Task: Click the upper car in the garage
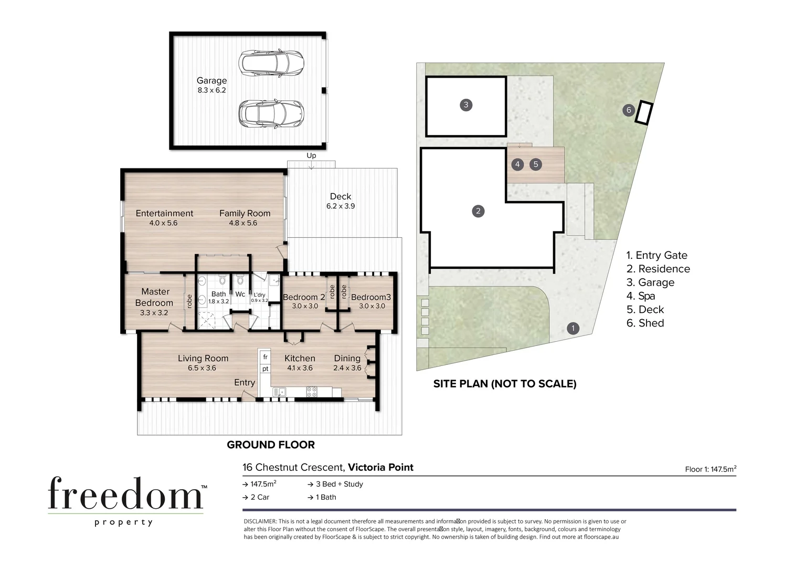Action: click(x=271, y=63)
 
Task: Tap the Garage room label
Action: click(x=211, y=85)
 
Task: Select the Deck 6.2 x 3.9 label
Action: click(x=341, y=201)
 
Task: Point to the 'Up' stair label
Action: click(x=311, y=155)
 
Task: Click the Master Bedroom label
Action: click(x=154, y=302)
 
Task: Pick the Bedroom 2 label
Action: click(x=304, y=301)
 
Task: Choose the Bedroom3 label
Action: click(x=371, y=301)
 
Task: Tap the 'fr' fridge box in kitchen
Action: click(x=266, y=357)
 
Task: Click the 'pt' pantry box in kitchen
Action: click(x=266, y=369)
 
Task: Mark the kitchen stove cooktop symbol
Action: click(x=312, y=391)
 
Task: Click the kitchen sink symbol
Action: click(x=279, y=391)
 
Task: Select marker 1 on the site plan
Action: click(x=573, y=328)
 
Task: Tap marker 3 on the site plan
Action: click(x=466, y=104)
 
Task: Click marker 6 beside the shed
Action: click(x=629, y=110)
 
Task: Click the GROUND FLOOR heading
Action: click(x=271, y=445)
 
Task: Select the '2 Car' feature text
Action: click(x=260, y=497)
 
